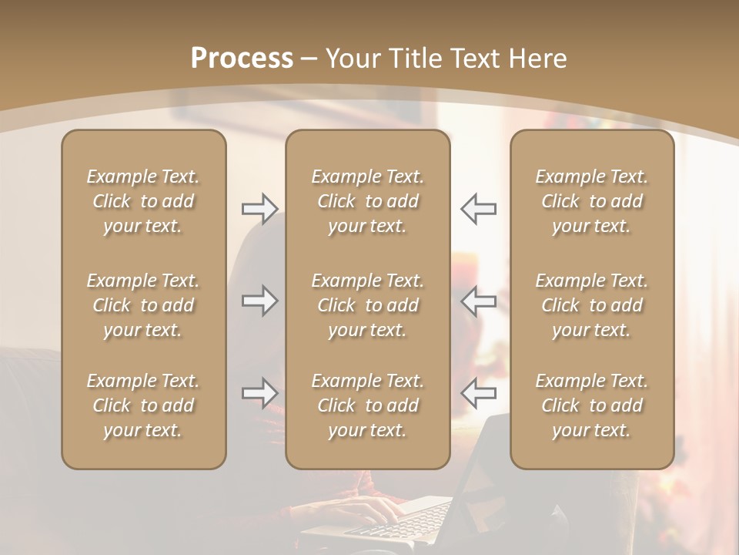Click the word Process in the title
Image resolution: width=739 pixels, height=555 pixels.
(x=242, y=59)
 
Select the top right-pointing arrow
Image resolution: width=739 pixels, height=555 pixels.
(x=259, y=209)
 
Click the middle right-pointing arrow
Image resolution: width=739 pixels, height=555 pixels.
(x=259, y=301)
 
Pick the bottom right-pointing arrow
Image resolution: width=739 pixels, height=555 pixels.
(x=259, y=393)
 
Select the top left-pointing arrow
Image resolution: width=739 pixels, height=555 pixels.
(x=478, y=209)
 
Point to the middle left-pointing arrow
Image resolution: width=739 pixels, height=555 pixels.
(x=478, y=301)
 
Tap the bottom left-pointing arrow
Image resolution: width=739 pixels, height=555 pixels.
(x=478, y=393)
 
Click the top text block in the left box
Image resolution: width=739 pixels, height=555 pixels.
(x=143, y=201)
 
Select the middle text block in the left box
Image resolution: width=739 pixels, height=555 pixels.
(x=143, y=305)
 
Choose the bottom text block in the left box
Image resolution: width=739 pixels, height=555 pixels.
(x=143, y=405)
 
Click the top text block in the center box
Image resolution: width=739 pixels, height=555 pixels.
(x=367, y=201)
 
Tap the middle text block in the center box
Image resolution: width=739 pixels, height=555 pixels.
(x=367, y=305)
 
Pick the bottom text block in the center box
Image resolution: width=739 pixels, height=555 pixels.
(x=367, y=405)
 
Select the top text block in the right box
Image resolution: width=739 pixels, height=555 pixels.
(x=592, y=201)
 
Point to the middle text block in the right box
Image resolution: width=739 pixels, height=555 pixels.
(x=592, y=305)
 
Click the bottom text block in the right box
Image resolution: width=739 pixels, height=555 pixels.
(x=592, y=405)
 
